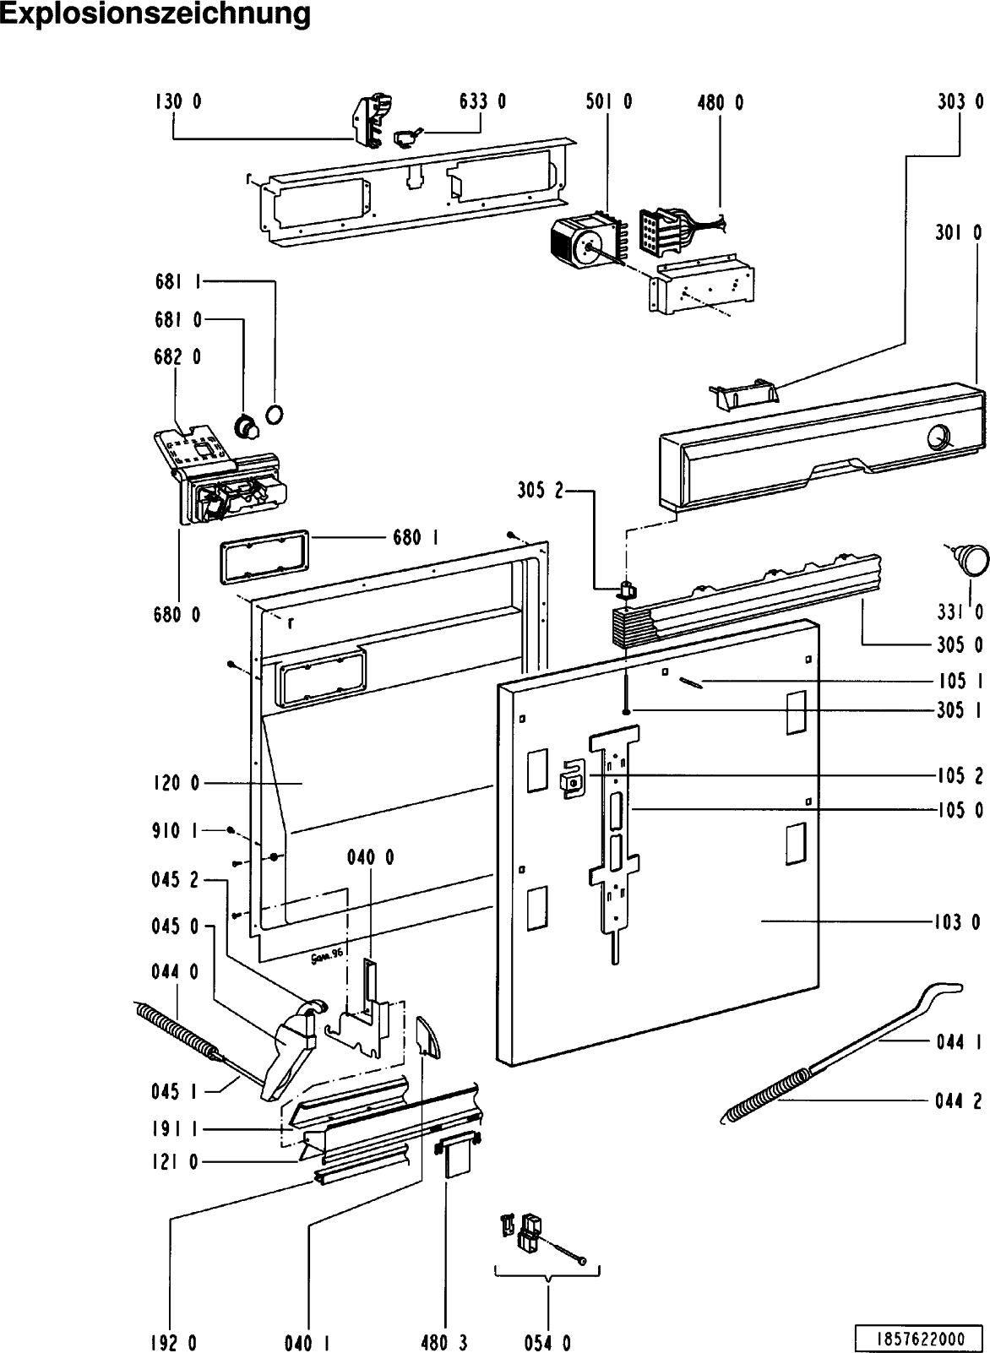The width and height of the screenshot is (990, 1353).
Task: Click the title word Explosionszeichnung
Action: click(x=155, y=14)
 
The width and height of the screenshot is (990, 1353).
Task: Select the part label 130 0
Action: click(x=177, y=102)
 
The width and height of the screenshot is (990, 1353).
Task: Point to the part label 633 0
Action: click(x=482, y=102)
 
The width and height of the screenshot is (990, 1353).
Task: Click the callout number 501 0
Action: click(x=608, y=102)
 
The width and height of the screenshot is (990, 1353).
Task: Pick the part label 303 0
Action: click(x=960, y=102)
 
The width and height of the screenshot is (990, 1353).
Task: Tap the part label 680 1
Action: click(x=414, y=537)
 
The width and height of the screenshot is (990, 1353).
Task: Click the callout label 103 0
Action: click(x=958, y=922)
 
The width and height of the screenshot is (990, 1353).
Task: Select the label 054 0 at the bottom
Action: click(x=547, y=1342)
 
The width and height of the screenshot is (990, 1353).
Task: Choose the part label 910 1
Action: click(x=177, y=831)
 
